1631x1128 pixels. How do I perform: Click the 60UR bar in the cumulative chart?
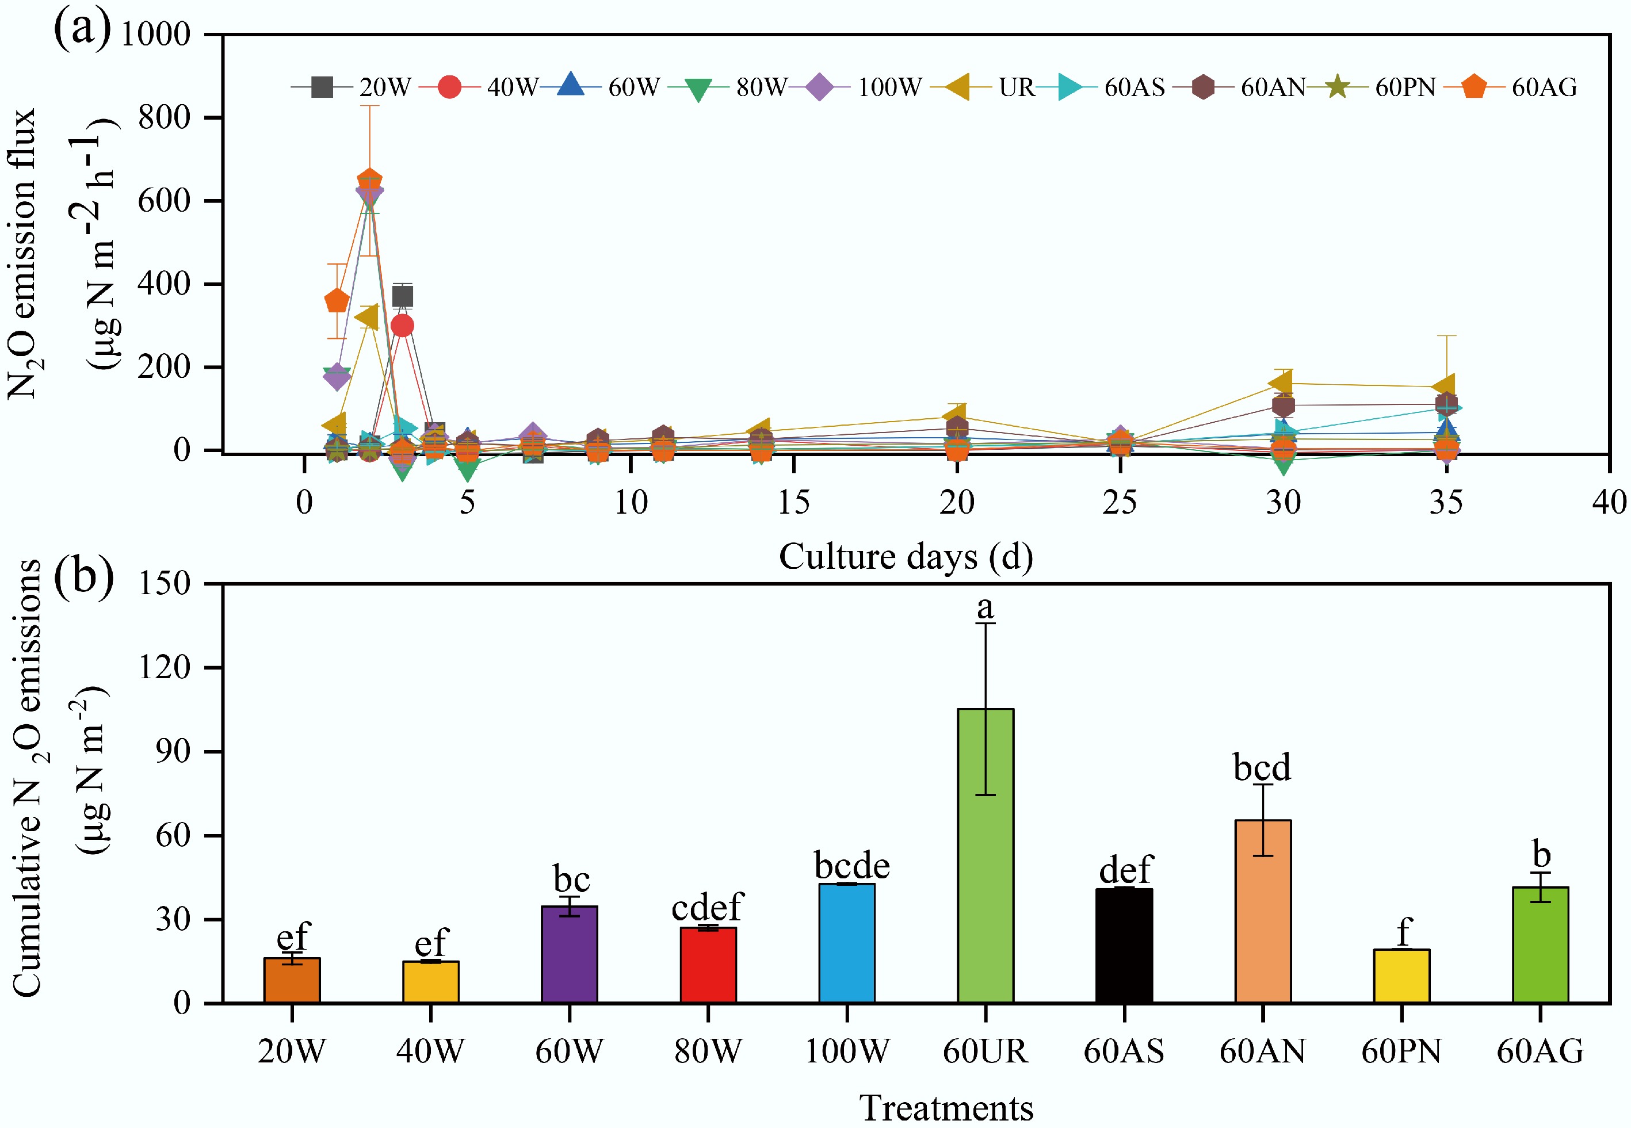(985, 855)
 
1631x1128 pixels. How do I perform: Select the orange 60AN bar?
(1262, 911)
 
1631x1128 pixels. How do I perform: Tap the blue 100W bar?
(847, 943)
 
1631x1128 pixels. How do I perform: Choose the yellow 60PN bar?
(1401, 976)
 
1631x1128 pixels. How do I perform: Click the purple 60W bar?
(569, 954)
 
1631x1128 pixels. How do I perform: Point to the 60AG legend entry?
(1512, 87)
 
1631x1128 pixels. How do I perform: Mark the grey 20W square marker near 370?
(402, 296)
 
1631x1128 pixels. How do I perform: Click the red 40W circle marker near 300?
(402, 326)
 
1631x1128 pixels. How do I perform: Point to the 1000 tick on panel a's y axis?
(155, 34)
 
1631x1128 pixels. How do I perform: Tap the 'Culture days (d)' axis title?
(906, 556)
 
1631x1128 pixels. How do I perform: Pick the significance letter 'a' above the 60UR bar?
(985, 606)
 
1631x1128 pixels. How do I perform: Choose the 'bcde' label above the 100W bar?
(851, 865)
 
